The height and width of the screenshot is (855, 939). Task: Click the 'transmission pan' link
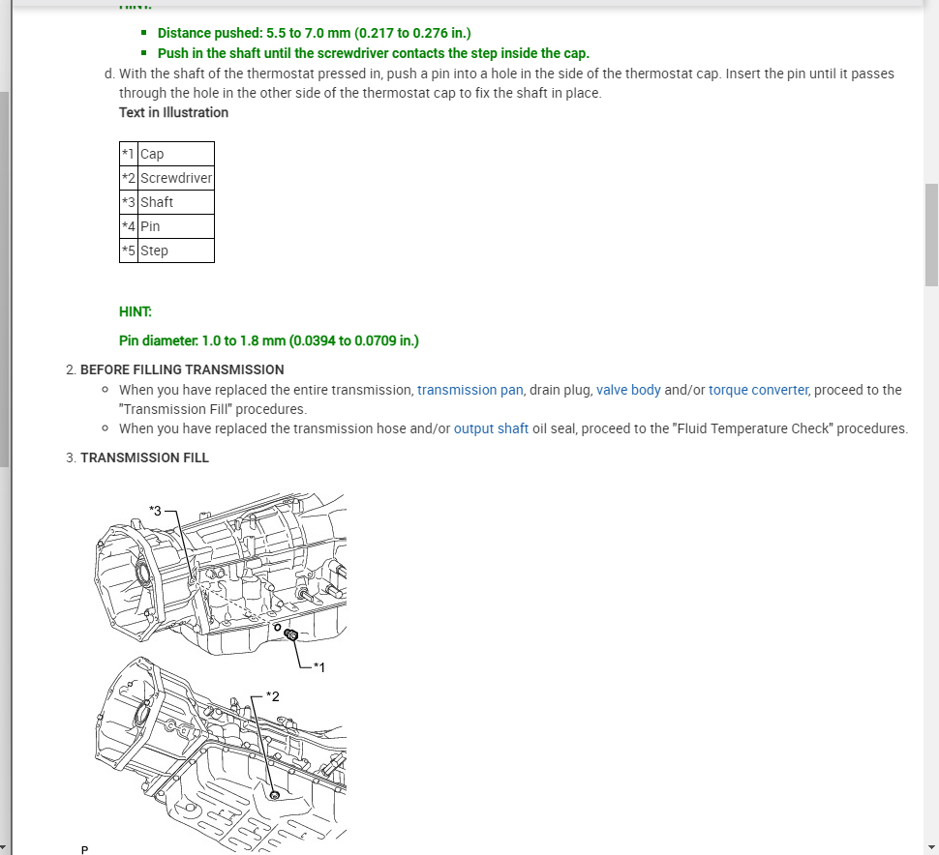(470, 390)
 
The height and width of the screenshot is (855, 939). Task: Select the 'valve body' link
(628, 390)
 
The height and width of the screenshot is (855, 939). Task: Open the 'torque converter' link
(760, 390)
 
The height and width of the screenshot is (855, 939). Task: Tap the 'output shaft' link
(491, 428)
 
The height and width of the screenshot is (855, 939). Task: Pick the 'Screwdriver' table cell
(176, 178)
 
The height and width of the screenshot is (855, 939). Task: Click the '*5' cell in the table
(129, 251)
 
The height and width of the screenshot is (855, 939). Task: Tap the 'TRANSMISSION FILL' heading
(144, 457)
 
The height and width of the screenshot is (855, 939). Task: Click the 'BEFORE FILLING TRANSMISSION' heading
(182, 369)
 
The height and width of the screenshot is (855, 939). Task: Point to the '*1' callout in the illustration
(319, 666)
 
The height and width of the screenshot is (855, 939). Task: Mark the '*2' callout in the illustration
(272, 696)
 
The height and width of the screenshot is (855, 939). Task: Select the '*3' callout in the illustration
(157, 510)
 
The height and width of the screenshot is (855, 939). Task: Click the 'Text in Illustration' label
(173, 112)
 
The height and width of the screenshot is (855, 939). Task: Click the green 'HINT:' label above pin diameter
(136, 311)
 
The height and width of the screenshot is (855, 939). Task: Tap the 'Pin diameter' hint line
(268, 340)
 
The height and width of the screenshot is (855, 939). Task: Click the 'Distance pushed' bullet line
(314, 33)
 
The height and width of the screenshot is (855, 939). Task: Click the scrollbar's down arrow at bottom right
(931, 847)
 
